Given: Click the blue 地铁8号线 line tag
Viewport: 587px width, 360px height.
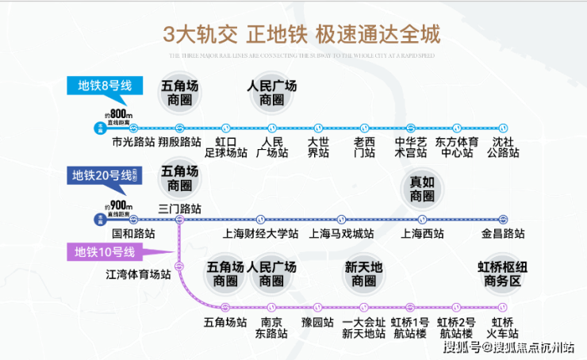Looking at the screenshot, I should pyautogui.click(x=104, y=86).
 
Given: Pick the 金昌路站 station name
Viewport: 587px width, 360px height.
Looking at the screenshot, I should pyautogui.click(x=503, y=234).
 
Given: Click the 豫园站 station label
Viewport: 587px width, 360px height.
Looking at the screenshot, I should pyautogui.click(x=316, y=323).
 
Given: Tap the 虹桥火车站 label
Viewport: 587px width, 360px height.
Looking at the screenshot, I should pyautogui.click(x=504, y=327).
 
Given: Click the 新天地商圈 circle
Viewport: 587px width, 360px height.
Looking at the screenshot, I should pyautogui.click(x=363, y=274).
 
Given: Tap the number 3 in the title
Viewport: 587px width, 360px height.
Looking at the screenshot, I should pyautogui.click(x=168, y=35).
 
